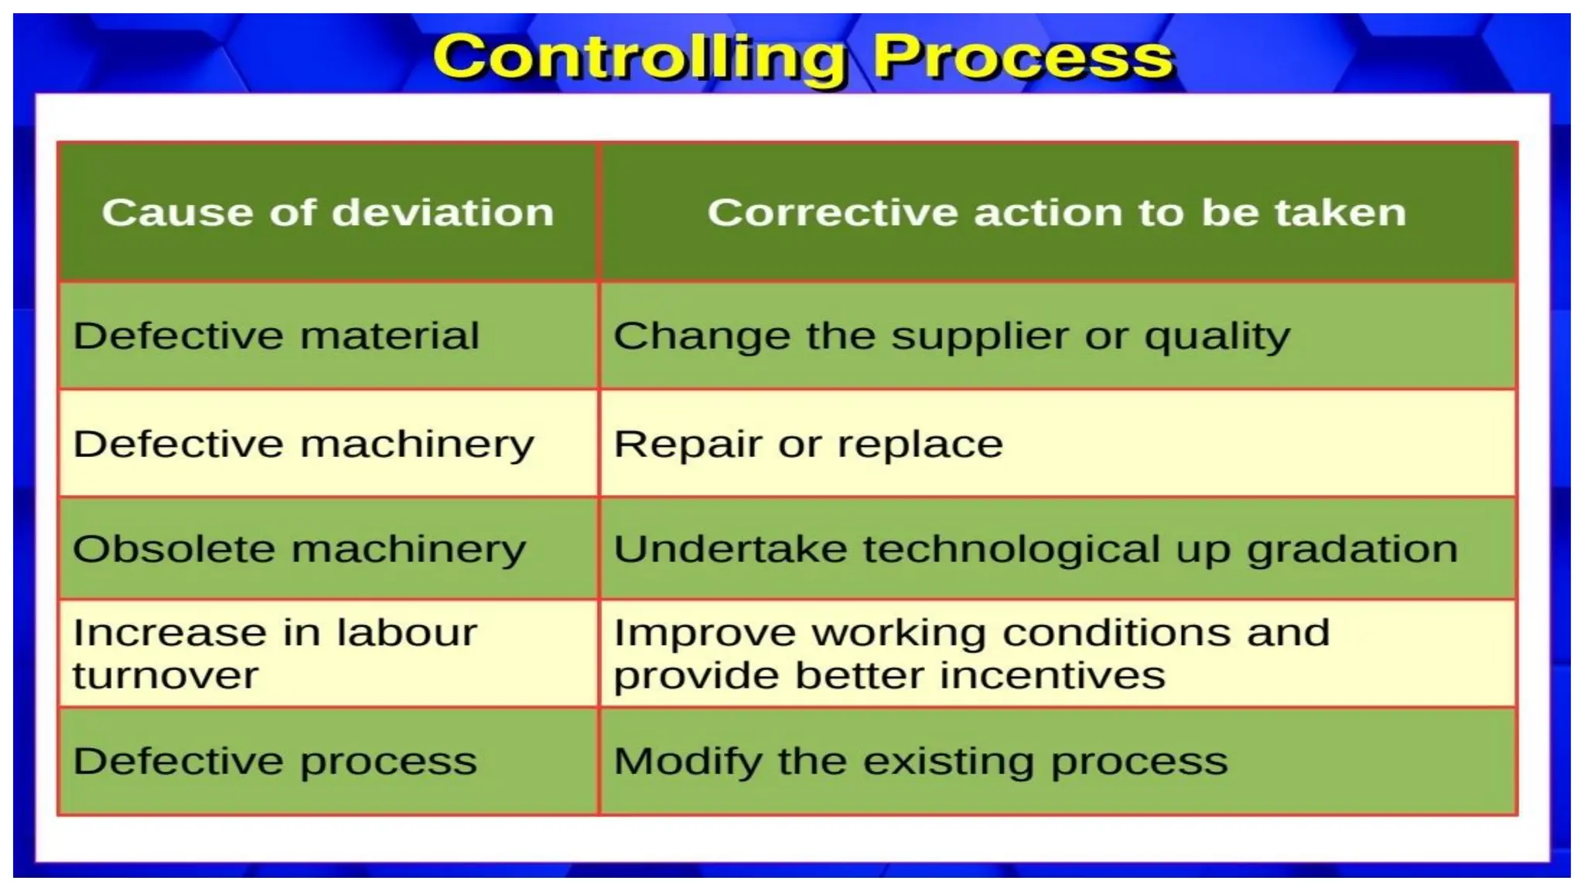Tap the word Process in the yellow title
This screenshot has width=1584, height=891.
tap(1022, 58)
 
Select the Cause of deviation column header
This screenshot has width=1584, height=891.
tap(328, 212)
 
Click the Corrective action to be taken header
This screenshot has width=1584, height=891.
tap(1057, 212)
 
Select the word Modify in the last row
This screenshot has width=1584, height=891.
tap(688, 762)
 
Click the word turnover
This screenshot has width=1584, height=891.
tap(166, 675)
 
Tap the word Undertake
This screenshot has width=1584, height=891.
tap(730, 549)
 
